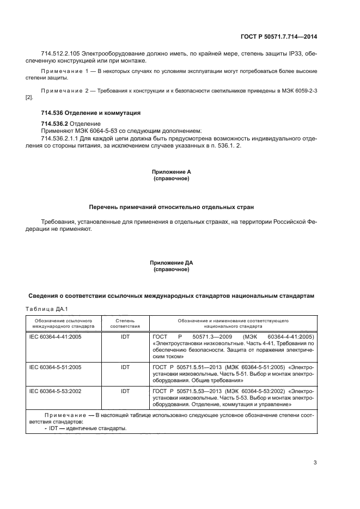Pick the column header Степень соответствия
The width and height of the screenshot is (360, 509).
click(x=125, y=323)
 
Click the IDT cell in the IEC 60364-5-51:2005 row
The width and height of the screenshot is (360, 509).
click(x=125, y=367)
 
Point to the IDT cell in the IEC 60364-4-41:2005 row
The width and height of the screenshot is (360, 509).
click(x=125, y=337)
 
